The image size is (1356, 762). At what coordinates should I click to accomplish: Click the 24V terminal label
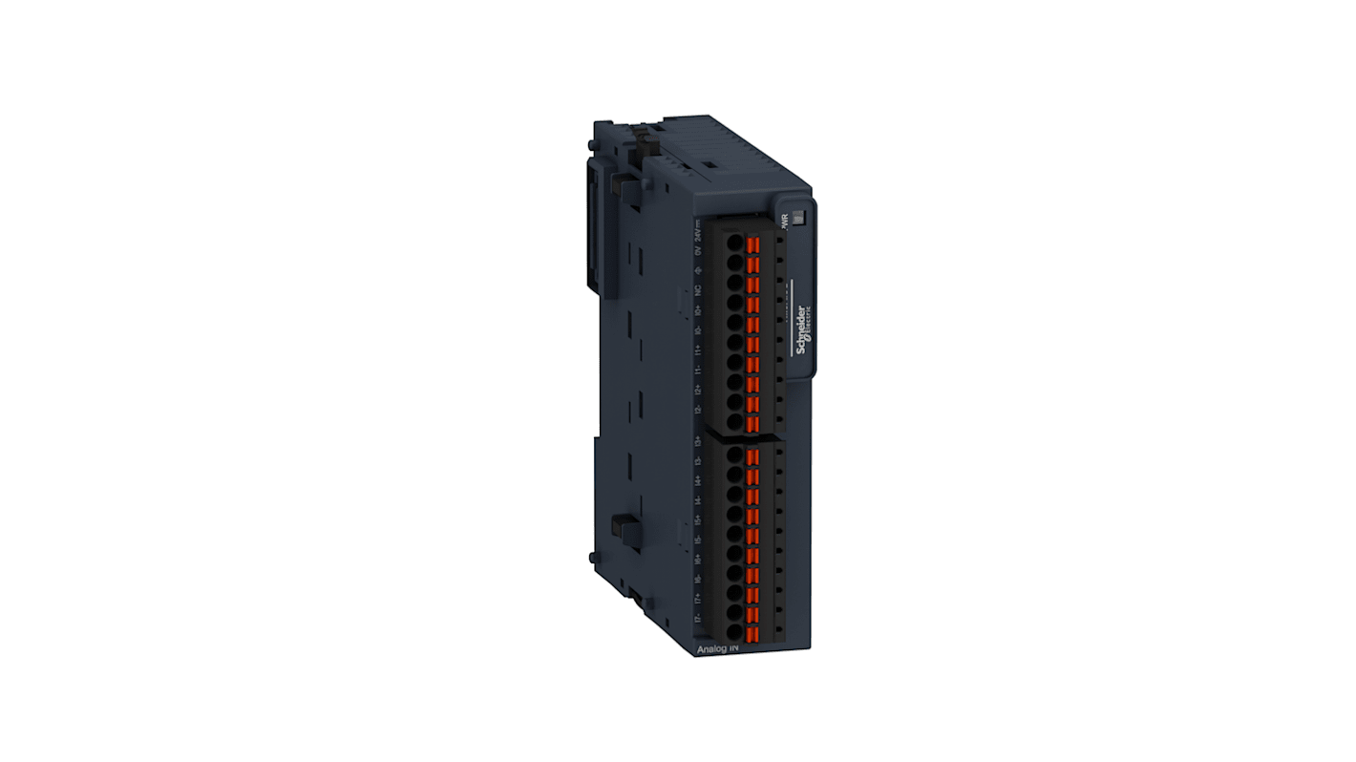tap(699, 230)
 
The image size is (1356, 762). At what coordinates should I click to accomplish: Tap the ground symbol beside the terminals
tap(699, 270)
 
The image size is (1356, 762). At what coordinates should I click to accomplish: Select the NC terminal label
tap(699, 289)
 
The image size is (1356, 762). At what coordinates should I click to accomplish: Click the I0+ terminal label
tap(699, 309)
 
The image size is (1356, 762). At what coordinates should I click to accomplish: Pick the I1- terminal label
tap(699, 369)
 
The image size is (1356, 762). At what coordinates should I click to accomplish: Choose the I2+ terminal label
tap(699, 389)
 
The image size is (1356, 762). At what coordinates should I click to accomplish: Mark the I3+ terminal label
tap(699, 440)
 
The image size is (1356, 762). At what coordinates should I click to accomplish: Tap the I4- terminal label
tap(699, 499)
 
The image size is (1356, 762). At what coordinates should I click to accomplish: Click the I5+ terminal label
tap(699, 519)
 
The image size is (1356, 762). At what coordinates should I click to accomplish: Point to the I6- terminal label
tap(699, 579)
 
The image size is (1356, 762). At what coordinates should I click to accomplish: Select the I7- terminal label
tap(699, 618)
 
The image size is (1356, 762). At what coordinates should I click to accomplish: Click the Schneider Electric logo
tap(804, 330)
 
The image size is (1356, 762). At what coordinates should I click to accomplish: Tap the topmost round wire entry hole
tap(733, 243)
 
